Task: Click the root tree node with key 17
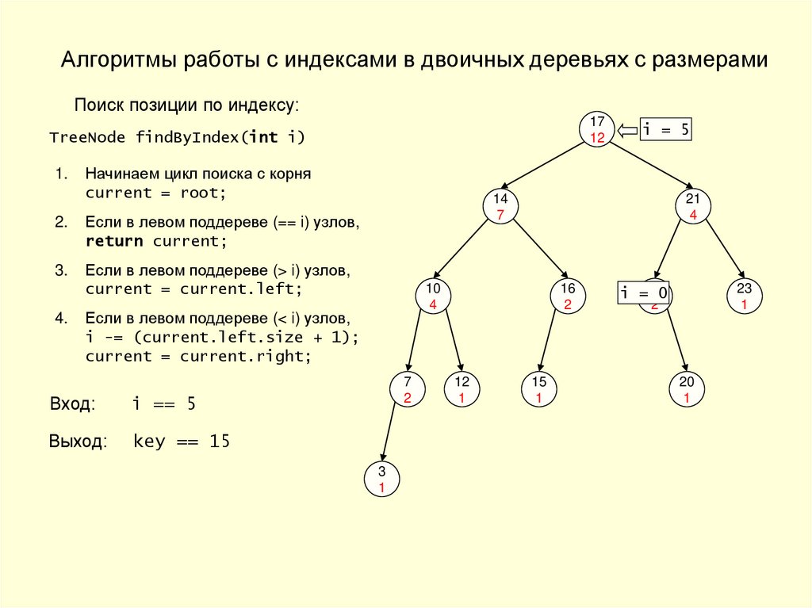click(x=597, y=129)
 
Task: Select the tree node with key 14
click(x=500, y=206)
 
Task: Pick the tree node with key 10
click(x=433, y=296)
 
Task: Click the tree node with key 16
click(x=568, y=296)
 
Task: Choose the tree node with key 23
click(x=744, y=296)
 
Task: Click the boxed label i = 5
click(x=666, y=130)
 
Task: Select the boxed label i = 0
click(x=643, y=293)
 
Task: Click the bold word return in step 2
click(x=114, y=241)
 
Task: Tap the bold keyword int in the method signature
click(x=263, y=137)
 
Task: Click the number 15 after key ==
click(x=220, y=442)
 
